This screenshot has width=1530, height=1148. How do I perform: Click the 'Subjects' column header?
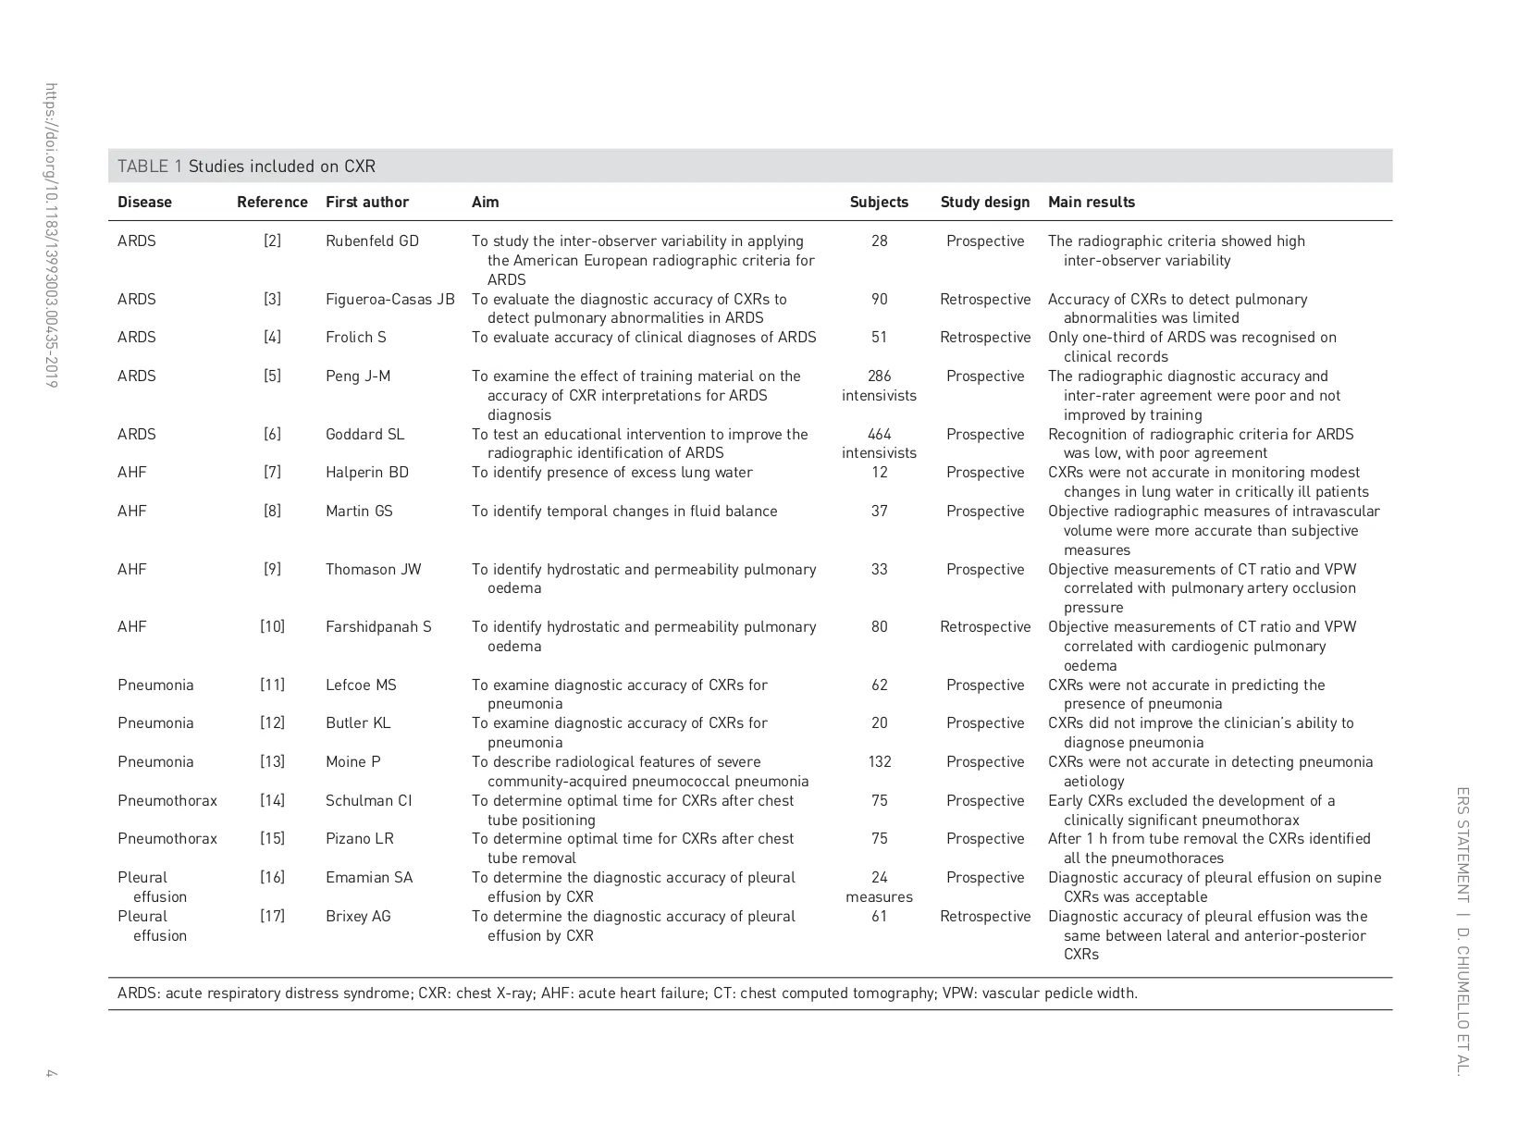(x=879, y=202)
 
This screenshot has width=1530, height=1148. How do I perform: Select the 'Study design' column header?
(x=984, y=202)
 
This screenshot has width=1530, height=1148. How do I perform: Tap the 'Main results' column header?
(x=1091, y=202)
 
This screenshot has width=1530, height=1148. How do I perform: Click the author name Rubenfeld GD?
(x=372, y=241)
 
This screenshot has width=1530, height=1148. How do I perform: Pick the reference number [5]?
(x=272, y=376)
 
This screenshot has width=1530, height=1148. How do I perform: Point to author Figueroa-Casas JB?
(x=389, y=299)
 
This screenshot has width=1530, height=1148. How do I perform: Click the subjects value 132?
(x=879, y=761)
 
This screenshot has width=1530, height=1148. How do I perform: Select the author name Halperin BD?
(x=366, y=472)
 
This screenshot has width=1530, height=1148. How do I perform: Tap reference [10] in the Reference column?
(x=272, y=626)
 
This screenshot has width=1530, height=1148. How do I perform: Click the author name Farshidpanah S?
(x=378, y=626)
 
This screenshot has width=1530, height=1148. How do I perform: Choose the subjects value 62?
(x=879, y=685)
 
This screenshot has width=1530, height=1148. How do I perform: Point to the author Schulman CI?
(x=368, y=800)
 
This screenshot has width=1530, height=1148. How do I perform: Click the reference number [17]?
(x=272, y=916)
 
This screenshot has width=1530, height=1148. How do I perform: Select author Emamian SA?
(x=369, y=877)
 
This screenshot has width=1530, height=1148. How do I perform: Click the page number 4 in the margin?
(x=52, y=1073)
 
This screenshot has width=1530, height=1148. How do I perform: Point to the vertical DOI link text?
(x=52, y=236)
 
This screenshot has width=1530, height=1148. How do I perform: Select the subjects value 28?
(x=879, y=241)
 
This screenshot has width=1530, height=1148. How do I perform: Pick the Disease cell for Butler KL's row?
(x=155, y=722)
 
